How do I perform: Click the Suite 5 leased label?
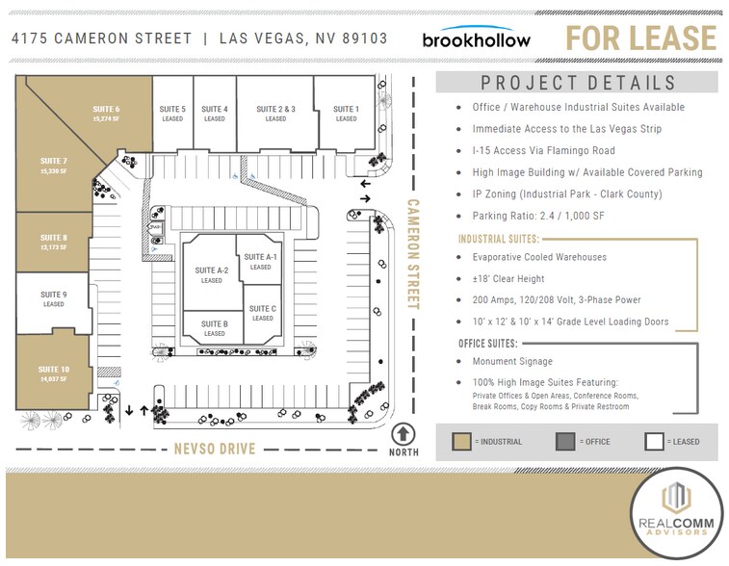click(x=172, y=114)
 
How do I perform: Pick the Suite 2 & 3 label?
click(x=275, y=114)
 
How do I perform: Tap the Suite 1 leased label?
click(x=346, y=114)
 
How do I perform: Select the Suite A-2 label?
click(x=212, y=275)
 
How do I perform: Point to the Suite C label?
click(x=262, y=313)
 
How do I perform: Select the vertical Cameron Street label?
click(x=414, y=254)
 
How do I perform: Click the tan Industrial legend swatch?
click(x=462, y=442)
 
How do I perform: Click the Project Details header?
click(x=578, y=83)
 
